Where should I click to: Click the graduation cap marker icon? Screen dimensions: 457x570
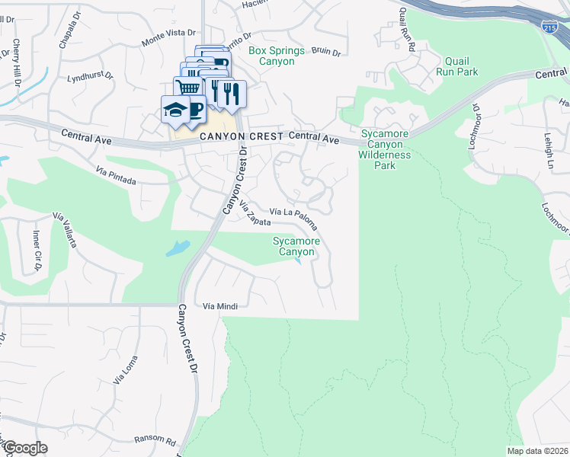pyautogui.click(x=175, y=110)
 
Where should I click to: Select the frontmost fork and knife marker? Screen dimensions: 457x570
pyautogui.click(x=232, y=94)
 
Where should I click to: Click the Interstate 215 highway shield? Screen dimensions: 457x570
pyautogui.click(x=549, y=27)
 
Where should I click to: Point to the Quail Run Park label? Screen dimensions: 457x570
pyautogui.click(x=456, y=66)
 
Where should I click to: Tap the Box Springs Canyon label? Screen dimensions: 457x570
pyautogui.click(x=276, y=56)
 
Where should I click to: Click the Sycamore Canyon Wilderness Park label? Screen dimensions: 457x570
pyautogui.click(x=384, y=149)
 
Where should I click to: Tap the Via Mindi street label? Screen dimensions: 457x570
pyautogui.click(x=220, y=306)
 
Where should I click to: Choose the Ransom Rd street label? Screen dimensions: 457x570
pyautogui.click(x=155, y=440)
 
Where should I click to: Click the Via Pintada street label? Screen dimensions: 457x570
pyautogui.click(x=116, y=177)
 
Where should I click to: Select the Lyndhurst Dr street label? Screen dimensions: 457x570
pyautogui.click(x=90, y=77)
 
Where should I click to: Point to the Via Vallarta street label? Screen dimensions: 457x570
pyautogui.click(x=65, y=231)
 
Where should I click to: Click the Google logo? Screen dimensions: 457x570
pyautogui.click(x=24, y=448)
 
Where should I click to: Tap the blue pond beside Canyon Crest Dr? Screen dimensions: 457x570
pyautogui.click(x=177, y=248)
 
